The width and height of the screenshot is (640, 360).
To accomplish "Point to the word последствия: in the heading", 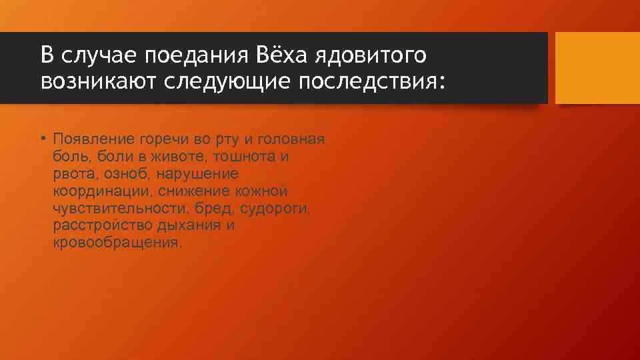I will click(375, 82).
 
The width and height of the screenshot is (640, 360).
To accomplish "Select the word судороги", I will click(277, 209).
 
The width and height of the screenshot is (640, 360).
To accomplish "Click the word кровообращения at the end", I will click(116, 243).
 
